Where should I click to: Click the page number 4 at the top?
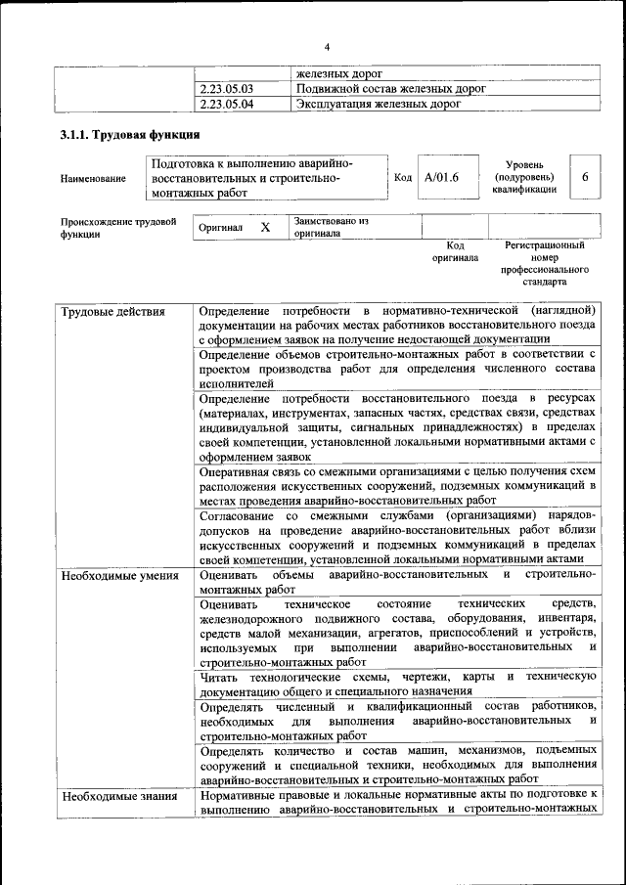click(x=328, y=47)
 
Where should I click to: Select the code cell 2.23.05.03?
click(x=226, y=89)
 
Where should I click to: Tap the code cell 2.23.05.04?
click(x=226, y=103)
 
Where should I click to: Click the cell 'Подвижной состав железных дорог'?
click(x=390, y=89)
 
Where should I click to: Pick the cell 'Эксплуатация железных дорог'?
click(x=378, y=103)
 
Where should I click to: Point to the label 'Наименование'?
click(x=93, y=179)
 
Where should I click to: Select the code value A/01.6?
click(x=441, y=177)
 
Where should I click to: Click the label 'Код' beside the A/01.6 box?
click(x=403, y=177)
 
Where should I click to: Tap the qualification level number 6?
click(x=585, y=177)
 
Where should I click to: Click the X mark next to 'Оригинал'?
click(x=264, y=227)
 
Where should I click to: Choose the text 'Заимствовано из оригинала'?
click(x=329, y=227)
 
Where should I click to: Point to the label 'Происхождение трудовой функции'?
click(x=117, y=228)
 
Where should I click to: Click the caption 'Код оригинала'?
click(x=455, y=252)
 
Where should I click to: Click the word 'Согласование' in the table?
click(x=236, y=514)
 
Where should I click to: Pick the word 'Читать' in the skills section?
click(x=219, y=677)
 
